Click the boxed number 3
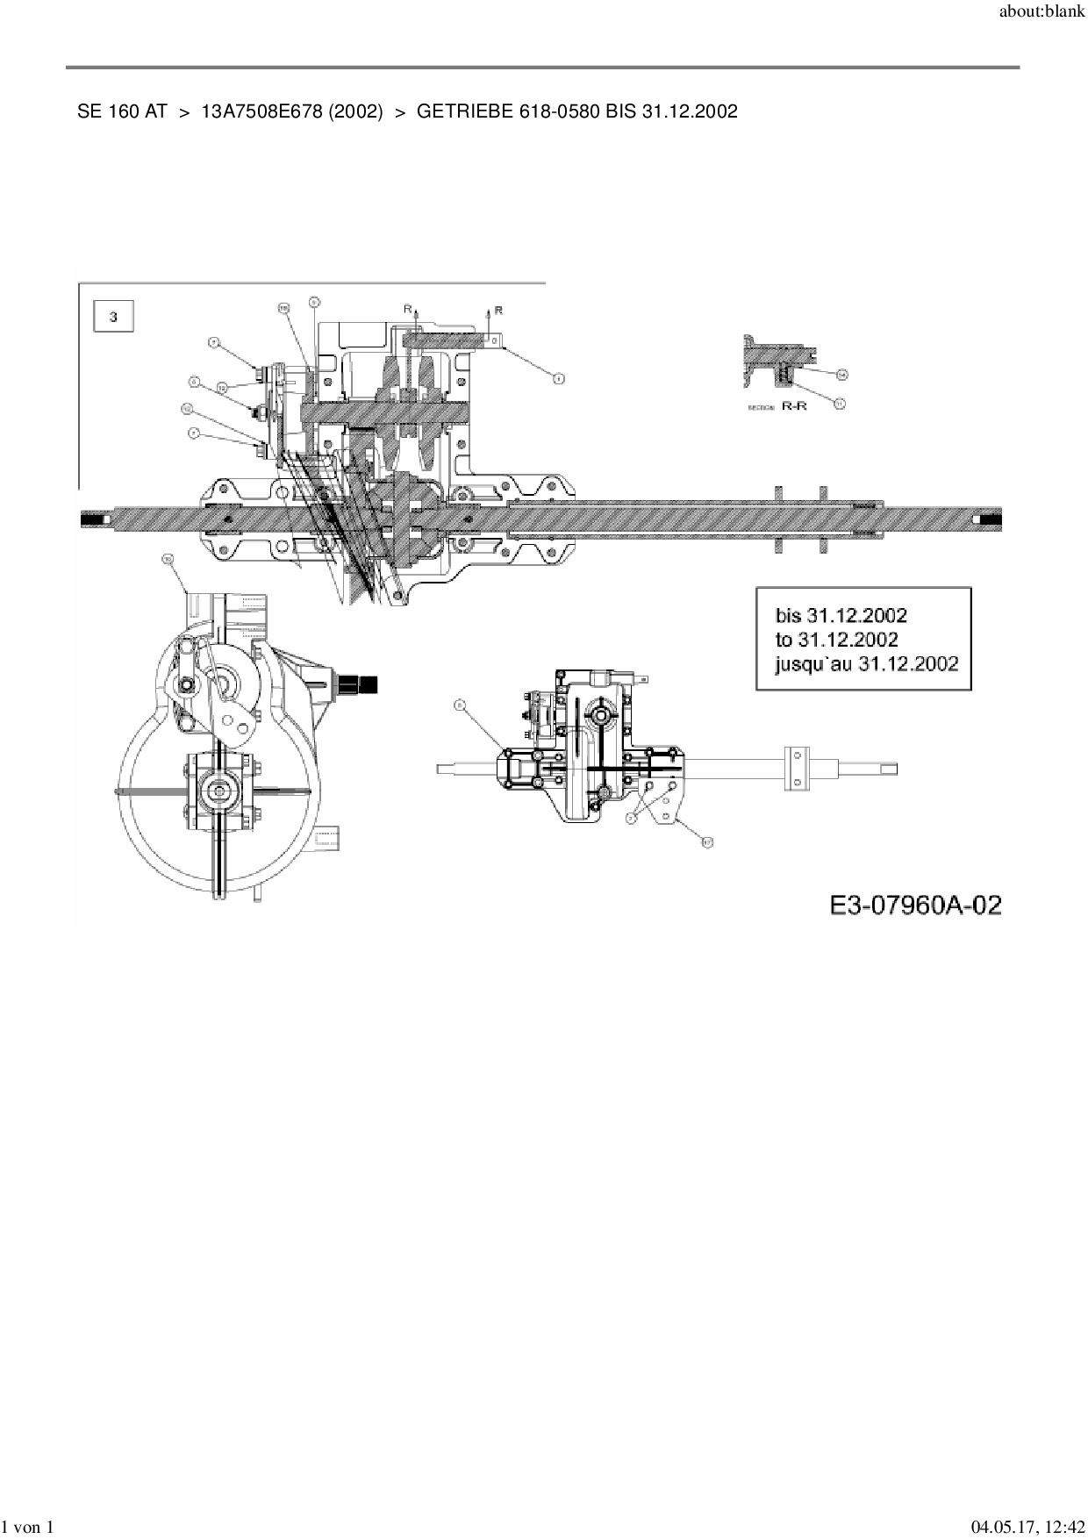pos(113,317)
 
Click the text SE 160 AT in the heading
pos(122,111)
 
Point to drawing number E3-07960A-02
pos(915,905)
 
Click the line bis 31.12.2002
pos(841,615)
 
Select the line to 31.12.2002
pos(836,639)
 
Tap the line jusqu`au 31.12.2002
pos(866,662)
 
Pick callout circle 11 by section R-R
pos(839,404)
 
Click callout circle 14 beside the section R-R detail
pos(841,375)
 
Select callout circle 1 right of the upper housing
pos(557,379)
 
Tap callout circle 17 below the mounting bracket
pos(706,841)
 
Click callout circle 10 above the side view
pos(168,559)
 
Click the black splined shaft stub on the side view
pos(364,682)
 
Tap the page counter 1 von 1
pos(29,1527)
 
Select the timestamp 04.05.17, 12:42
pos(1027,1527)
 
